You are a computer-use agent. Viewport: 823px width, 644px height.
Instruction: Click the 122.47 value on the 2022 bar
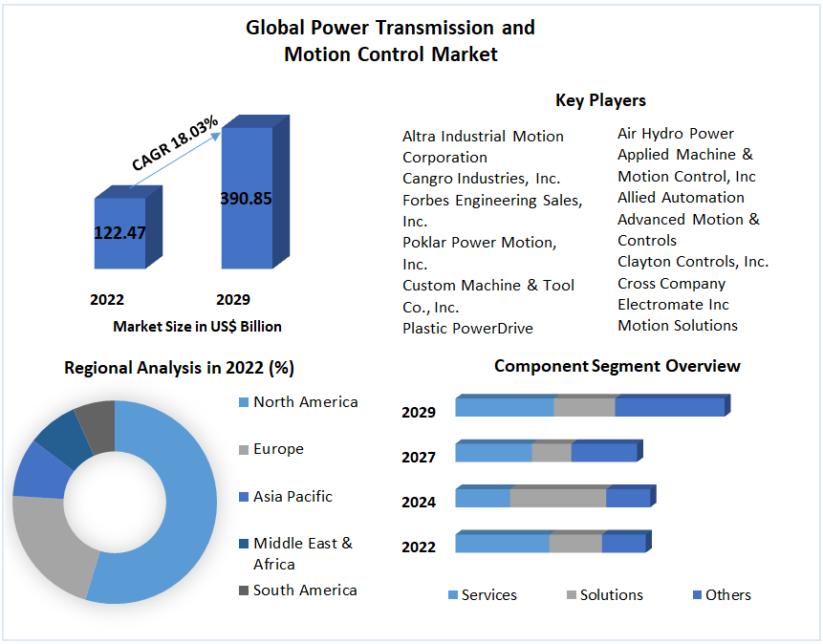point(119,232)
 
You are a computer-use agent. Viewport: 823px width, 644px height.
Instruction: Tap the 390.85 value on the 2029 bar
point(246,199)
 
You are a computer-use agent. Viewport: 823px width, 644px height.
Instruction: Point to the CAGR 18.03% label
point(175,144)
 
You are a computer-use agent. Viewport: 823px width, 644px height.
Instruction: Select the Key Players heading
point(600,100)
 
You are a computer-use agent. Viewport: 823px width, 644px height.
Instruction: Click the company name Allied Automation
point(681,198)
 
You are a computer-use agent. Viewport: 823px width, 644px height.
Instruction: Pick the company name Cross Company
point(671,284)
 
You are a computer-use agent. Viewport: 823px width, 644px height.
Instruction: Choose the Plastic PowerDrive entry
point(467,329)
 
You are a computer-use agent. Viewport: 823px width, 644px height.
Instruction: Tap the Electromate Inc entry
point(673,305)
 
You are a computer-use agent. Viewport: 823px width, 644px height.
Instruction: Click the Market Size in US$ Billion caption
point(197,327)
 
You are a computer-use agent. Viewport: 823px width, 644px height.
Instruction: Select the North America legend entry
point(305,402)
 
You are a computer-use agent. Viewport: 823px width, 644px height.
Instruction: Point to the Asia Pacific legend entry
point(292,497)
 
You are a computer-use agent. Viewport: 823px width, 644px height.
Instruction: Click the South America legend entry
point(304,590)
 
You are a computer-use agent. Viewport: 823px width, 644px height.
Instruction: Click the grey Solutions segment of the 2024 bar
point(558,498)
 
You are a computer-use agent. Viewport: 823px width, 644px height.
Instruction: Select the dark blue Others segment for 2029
point(669,407)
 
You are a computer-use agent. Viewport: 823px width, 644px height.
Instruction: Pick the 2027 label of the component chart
point(419,458)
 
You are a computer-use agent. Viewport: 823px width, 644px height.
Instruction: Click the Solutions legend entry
point(611,595)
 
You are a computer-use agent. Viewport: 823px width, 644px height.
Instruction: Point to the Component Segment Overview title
point(617,366)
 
